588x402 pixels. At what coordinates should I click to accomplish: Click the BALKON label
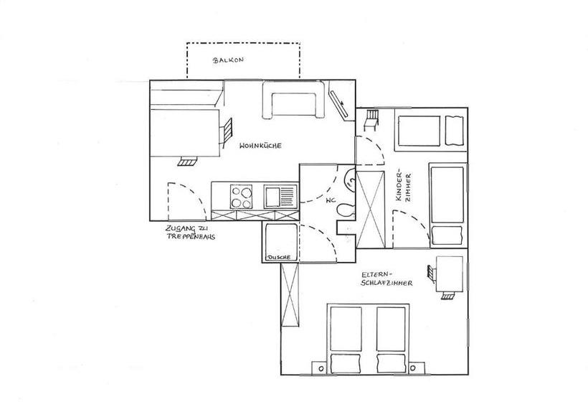(x=228, y=60)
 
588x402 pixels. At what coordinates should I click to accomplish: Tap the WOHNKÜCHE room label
(x=260, y=146)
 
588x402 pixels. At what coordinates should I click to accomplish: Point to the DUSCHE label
(x=278, y=258)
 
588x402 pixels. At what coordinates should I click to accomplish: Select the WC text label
(x=331, y=201)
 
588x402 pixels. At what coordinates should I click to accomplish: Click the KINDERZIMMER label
(x=404, y=187)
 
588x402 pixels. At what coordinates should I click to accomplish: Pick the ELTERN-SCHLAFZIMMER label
(x=387, y=279)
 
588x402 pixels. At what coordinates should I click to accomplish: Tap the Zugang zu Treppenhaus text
(x=191, y=233)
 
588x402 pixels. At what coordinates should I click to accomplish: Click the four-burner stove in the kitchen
(x=241, y=197)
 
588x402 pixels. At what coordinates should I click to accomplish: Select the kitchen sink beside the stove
(x=280, y=196)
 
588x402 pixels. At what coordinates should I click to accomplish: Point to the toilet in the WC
(x=346, y=210)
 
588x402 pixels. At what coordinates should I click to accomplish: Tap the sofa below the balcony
(x=293, y=100)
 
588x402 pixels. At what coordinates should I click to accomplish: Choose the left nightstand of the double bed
(x=321, y=368)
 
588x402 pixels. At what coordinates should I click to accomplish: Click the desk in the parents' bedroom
(x=450, y=274)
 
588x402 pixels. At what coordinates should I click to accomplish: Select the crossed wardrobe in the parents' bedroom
(x=290, y=294)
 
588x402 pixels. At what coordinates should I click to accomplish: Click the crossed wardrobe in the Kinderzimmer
(x=371, y=210)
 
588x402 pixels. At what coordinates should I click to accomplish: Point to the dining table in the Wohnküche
(x=184, y=133)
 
